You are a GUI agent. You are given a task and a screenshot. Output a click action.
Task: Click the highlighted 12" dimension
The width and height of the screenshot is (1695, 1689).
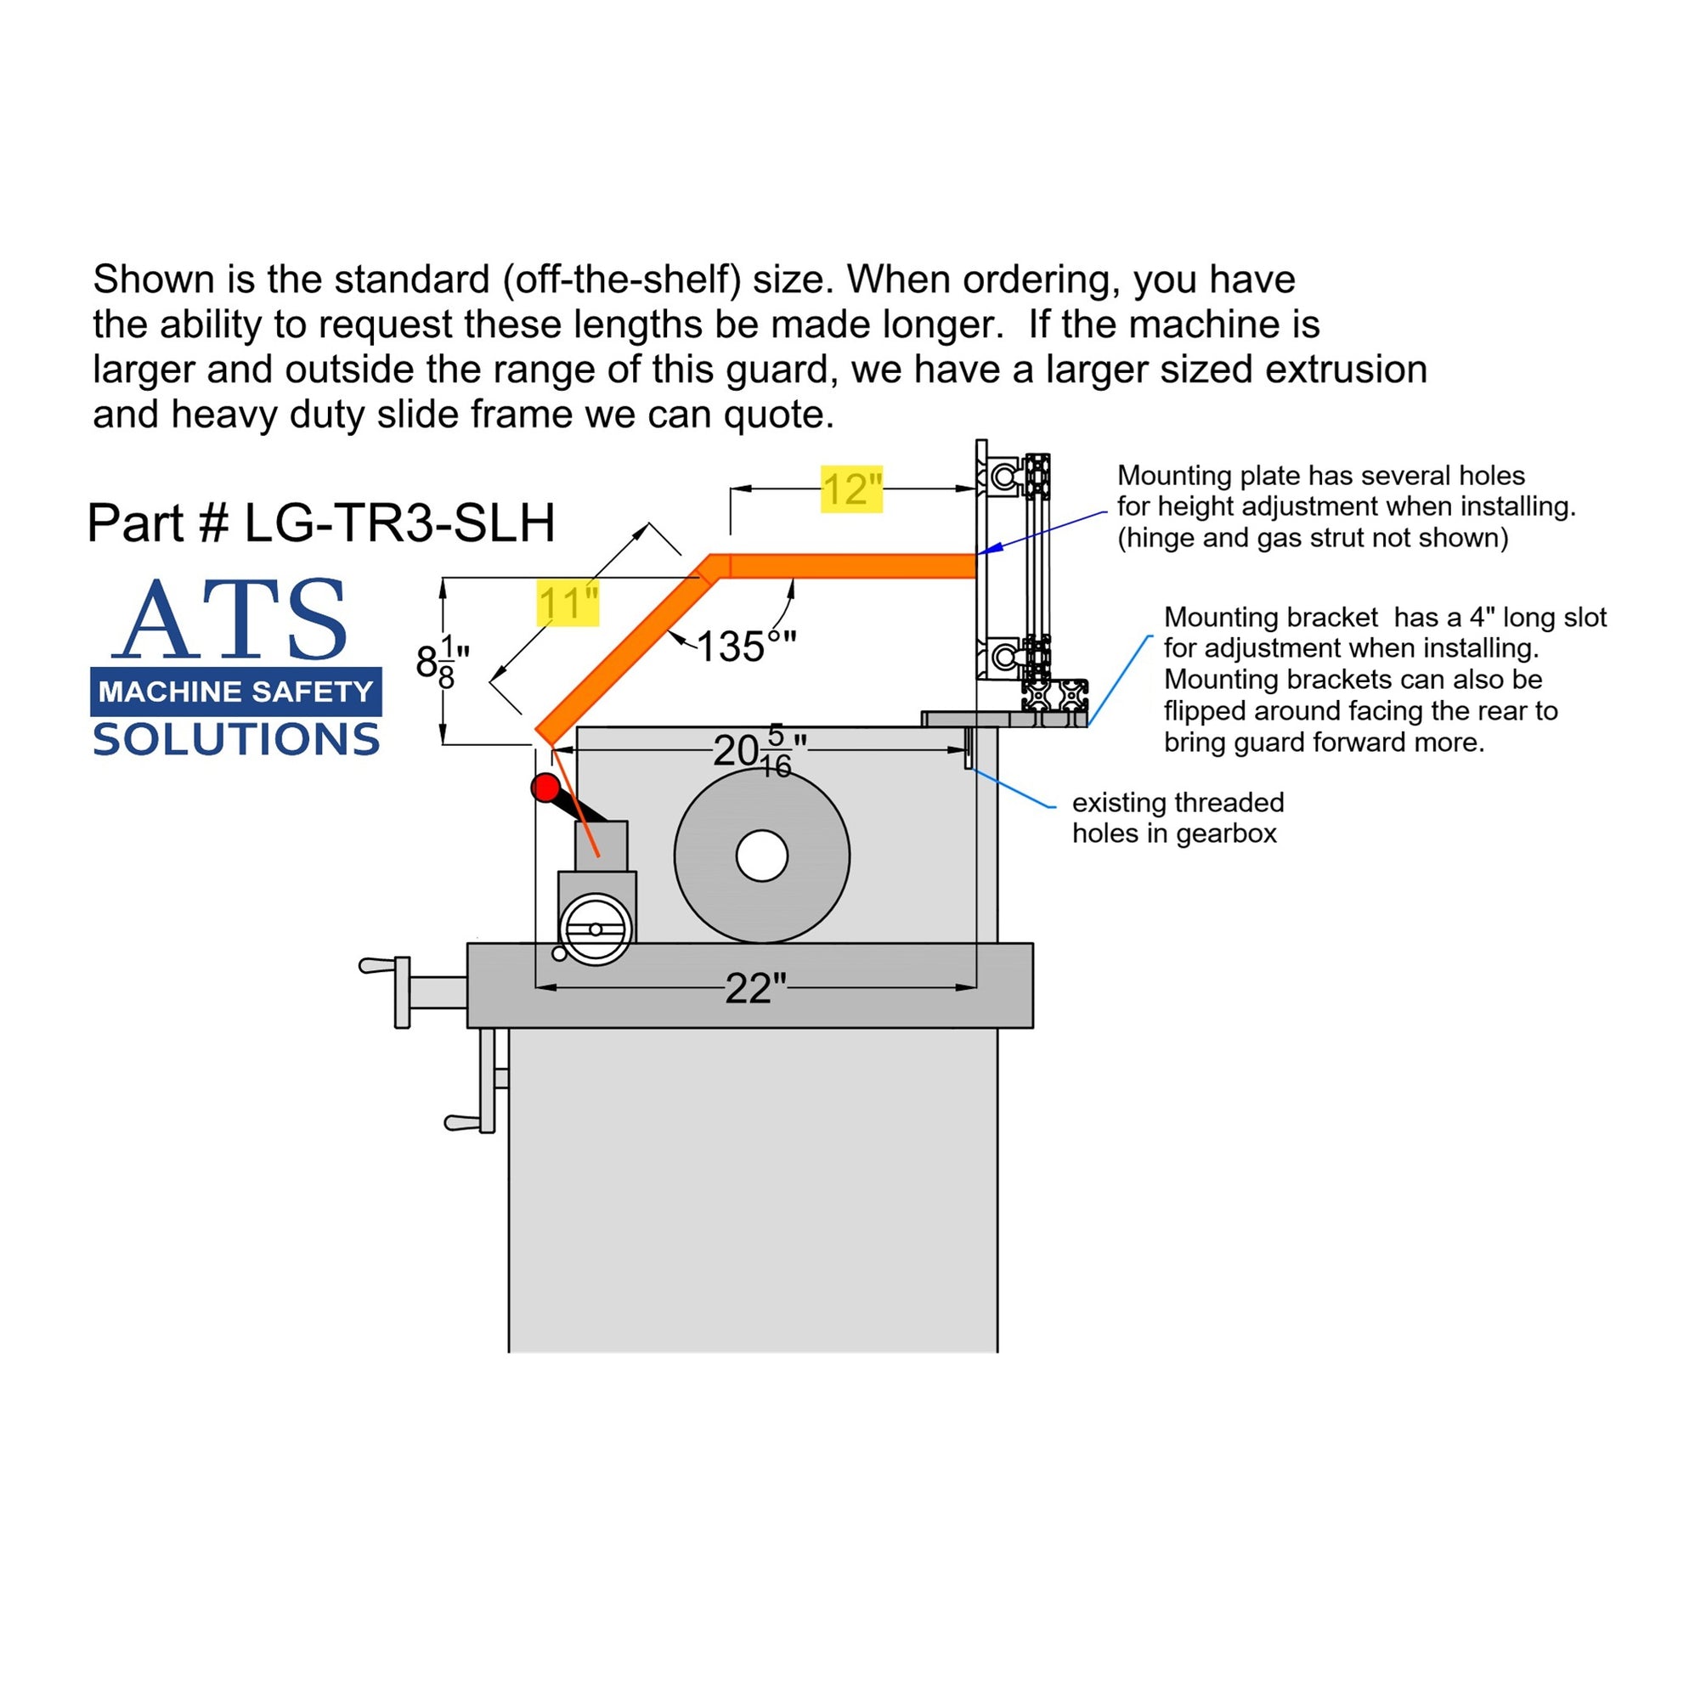[850, 489]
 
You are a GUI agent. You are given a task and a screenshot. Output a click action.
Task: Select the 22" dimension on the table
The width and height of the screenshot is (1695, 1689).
[754, 988]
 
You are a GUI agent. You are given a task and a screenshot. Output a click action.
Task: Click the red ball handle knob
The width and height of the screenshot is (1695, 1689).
[546, 787]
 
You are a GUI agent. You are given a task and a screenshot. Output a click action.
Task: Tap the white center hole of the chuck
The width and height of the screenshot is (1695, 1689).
[761, 856]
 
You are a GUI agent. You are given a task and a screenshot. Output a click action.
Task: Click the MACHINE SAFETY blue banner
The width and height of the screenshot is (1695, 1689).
[235, 692]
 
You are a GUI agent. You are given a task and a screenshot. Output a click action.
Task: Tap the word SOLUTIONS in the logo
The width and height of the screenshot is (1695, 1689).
[235, 740]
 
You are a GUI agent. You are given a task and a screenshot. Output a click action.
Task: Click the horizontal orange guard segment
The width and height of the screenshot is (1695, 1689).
[851, 566]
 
